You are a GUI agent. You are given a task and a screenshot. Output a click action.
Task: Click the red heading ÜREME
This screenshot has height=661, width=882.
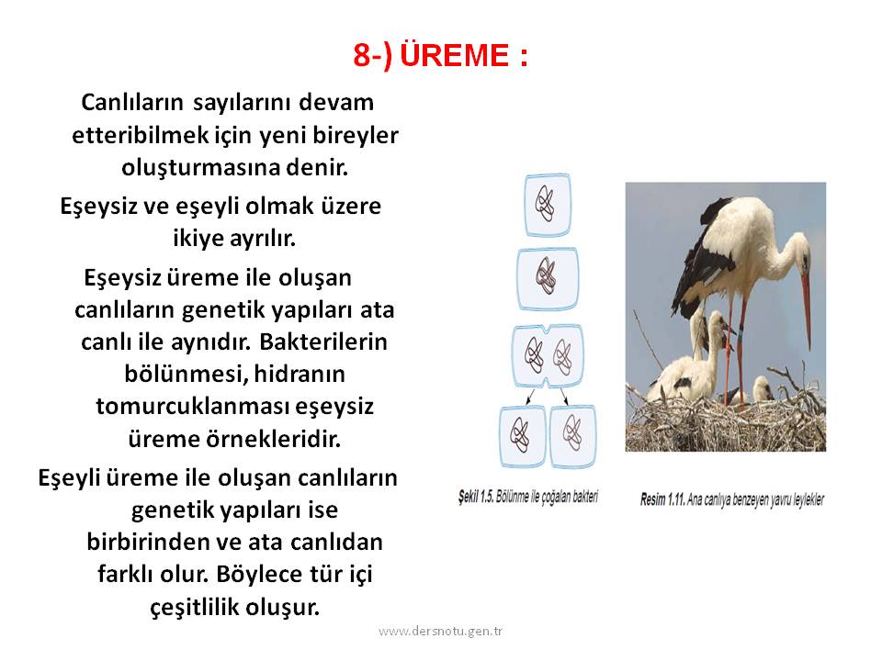coord(455,55)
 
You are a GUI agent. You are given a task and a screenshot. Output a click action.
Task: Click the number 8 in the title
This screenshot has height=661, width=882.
coord(363,56)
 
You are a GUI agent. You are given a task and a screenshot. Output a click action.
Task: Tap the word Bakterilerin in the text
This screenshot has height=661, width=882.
coord(323,342)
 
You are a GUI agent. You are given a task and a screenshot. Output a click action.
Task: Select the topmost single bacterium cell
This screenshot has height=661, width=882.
coord(548,205)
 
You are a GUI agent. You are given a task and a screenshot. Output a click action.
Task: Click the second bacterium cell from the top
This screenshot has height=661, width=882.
coord(548,279)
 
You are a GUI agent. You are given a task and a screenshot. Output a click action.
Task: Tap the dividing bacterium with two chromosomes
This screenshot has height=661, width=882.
coord(548,356)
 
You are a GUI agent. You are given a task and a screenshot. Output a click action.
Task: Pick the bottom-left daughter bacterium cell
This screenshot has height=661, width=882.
coord(523,436)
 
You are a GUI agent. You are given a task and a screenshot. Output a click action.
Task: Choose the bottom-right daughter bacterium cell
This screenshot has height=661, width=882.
coord(572,436)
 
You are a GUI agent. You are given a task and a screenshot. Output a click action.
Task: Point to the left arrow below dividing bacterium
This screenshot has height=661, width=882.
coord(529,397)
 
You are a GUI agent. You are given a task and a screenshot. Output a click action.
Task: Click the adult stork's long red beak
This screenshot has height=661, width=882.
coord(806,308)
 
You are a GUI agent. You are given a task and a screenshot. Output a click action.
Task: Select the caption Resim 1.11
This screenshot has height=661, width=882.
coord(662,499)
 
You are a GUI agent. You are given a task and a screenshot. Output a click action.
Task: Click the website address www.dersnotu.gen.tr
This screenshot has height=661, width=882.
coord(440,631)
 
